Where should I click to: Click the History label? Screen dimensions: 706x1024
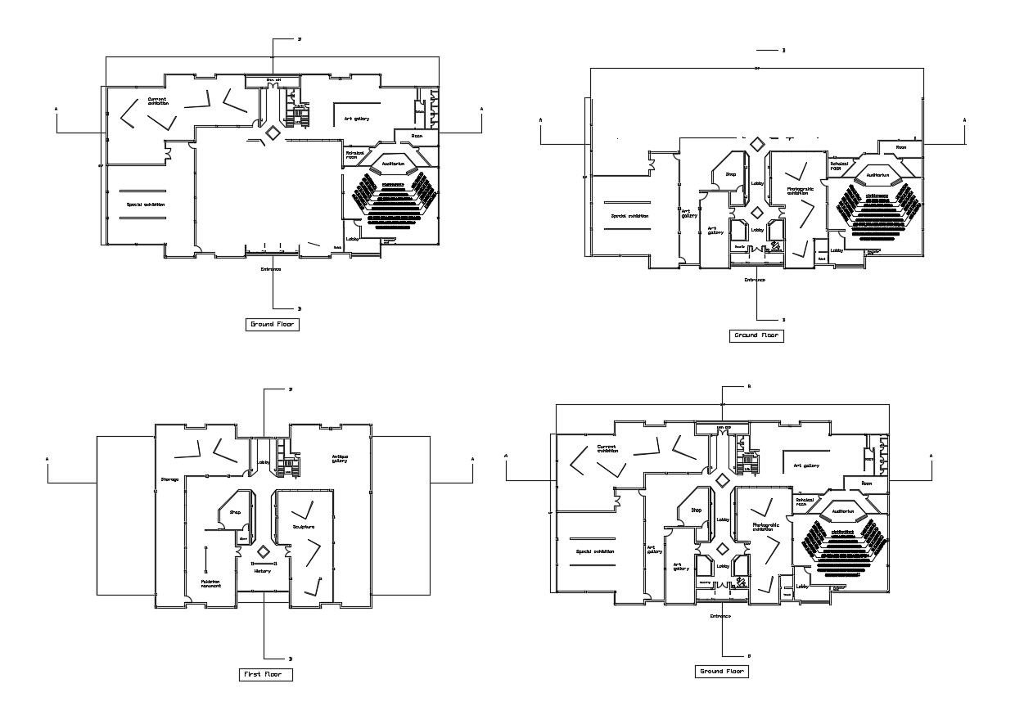tap(262, 571)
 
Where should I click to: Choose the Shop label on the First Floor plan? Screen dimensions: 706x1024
tap(235, 512)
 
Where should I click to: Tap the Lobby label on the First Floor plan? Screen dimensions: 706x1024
tap(264, 463)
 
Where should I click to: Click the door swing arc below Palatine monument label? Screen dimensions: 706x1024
tap(189, 602)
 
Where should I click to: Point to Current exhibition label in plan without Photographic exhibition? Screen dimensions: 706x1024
tap(157, 101)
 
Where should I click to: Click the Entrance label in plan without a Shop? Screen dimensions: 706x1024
tap(271, 269)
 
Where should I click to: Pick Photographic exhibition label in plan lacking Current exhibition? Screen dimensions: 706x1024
tap(800, 191)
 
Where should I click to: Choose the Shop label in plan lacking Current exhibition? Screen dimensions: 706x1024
tap(731, 174)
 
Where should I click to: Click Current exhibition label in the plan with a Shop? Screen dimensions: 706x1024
tap(608, 448)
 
